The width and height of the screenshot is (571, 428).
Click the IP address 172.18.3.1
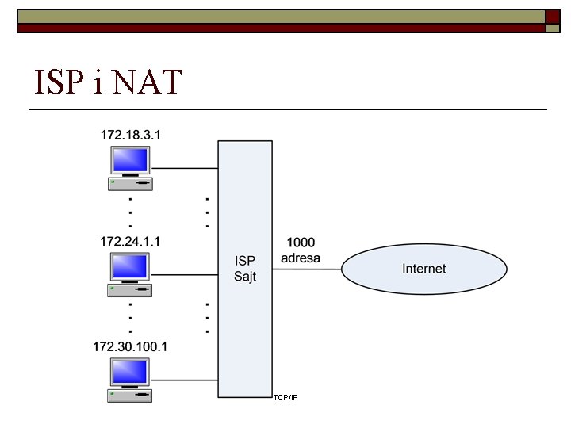[x=131, y=135]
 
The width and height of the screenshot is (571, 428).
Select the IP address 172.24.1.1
[x=131, y=240]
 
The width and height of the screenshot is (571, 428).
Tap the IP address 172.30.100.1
[x=131, y=346]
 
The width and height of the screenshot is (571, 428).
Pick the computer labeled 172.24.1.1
[x=130, y=274]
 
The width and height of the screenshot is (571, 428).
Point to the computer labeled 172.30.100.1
[x=130, y=380]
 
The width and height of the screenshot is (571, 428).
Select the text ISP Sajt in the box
[x=245, y=269]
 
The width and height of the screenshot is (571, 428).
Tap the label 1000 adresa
[x=301, y=250]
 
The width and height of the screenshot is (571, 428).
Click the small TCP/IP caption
[x=285, y=396]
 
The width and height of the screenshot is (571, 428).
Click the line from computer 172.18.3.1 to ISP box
[x=184, y=168]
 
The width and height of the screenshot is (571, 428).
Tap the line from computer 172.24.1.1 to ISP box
[x=184, y=275]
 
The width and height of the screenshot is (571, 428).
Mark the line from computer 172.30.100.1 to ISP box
[x=184, y=380]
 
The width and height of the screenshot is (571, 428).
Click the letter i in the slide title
[x=97, y=82]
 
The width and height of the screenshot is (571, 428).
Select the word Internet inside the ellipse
[x=423, y=269]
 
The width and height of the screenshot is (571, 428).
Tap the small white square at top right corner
[x=552, y=28]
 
